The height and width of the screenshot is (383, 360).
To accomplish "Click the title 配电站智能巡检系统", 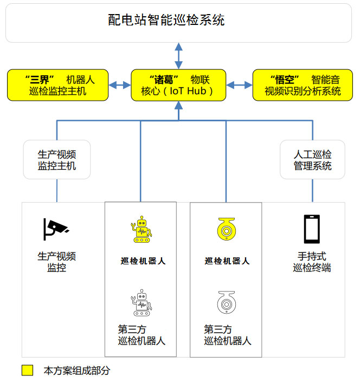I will pyautogui.click(x=166, y=21).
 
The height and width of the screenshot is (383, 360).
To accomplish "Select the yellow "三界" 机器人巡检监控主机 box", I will pyautogui.click(x=58, y=85).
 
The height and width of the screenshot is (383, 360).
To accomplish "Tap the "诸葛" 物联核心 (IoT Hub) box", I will pyautogui.click(x=178, y=85).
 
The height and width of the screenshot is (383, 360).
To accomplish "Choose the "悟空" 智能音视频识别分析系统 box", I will pyautogui.click(x=303, y=85).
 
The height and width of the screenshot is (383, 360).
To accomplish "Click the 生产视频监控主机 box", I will pyautogui.click(x=57, y=160).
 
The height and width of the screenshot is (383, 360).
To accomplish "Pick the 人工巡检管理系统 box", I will pyautogui.click(x=312, y=160).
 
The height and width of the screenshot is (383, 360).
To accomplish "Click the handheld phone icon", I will pyautogui.click(x=312, y=229).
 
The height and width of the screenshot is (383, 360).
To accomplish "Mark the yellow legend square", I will pyautogui.click(x=27, y=371).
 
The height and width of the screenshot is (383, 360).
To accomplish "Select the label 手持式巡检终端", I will pyautogui.click(x=312, y=262).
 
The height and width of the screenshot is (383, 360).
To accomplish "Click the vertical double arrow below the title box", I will pyautogui.click(x=178, y=55).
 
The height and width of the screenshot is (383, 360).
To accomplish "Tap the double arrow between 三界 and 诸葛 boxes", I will pyautogui.click(x=120, y=85).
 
